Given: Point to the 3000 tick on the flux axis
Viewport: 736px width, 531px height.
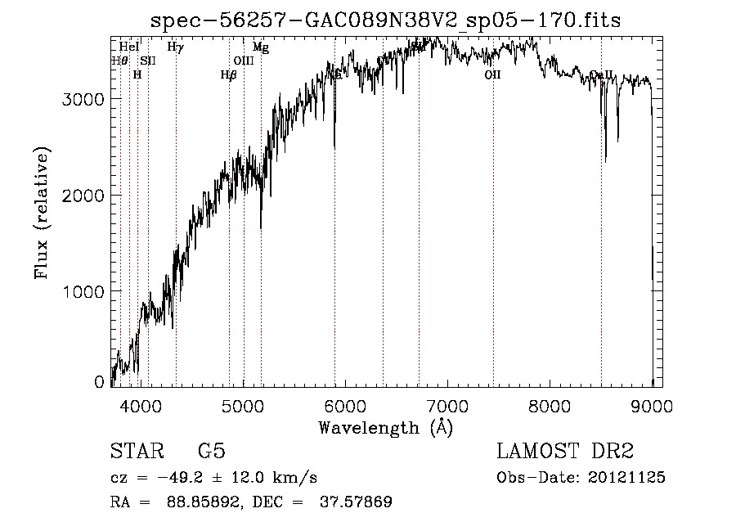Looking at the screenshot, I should [x=83, y=99].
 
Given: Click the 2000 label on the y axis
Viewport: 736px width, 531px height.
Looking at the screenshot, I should [x=83, y=196].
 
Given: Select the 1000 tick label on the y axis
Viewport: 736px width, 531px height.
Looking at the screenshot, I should [x=83, y=291].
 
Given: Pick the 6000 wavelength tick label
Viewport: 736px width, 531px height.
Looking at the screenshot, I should [x=344, y=406].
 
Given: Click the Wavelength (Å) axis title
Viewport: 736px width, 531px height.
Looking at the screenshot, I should [x=385, y=427].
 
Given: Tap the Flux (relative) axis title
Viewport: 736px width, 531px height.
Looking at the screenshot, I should [x=42, y=214].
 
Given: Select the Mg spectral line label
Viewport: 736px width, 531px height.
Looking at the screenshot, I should [x=260, y=47].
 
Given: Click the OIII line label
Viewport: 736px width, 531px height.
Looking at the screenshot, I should [x=244, y=61].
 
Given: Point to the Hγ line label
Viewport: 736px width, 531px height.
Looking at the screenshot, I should [x=175, y=47].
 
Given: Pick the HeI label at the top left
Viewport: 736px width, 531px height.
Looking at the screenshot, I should [x=128, y=47].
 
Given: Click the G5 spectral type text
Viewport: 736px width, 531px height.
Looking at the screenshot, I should [x=211, y=452].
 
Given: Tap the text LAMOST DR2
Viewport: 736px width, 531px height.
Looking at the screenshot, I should [x=565, y=452].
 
